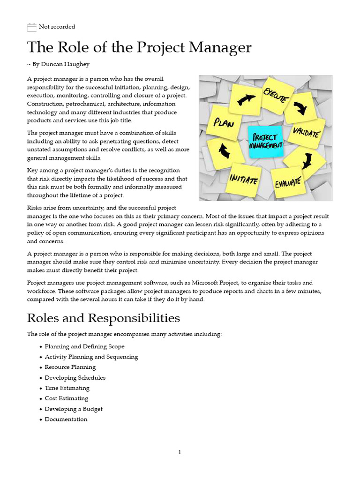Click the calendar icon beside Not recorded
tap(31, 27)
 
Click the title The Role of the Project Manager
tap(139, 48)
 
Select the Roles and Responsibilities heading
tap(103, 318)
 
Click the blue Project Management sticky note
tap(266, 142)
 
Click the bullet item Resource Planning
tap(70, 367)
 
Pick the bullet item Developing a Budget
tap(73, 409)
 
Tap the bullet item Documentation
tap(66, 420)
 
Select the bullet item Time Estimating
tap(67, 388)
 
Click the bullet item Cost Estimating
tap(66, 398)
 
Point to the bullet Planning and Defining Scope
tap(84, 347)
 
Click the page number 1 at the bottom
tap(180, 452)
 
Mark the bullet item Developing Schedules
tap(75, 378)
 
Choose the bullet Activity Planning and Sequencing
tap(91, 357)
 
